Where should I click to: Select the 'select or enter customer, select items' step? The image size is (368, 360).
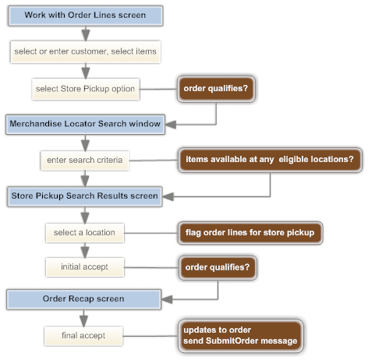click(85, 52)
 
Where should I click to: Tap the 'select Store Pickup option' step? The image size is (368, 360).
click(85, 89)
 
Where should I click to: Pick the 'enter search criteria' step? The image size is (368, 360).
click(85, 161)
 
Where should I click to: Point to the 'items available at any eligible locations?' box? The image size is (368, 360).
click(270, 160)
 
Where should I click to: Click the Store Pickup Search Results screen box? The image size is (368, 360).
click(84, 196)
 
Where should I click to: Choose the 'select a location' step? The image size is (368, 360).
click(85, 232)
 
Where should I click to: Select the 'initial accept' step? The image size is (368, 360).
click(85, 267)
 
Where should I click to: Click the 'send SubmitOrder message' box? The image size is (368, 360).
click(240, 335)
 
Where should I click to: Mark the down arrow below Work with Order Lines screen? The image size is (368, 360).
click(84, 33)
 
